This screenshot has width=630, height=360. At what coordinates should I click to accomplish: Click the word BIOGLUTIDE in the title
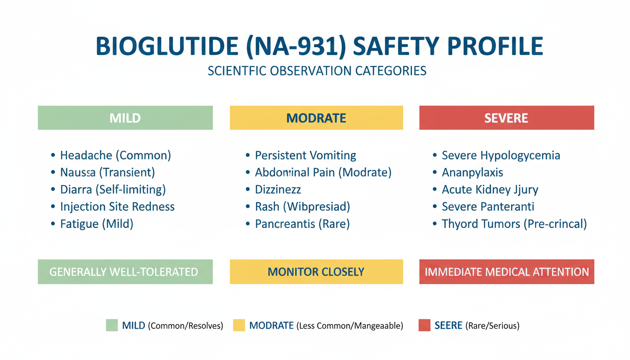(x=167, y=46)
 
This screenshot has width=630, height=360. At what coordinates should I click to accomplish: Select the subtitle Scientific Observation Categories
(x=317, y=71)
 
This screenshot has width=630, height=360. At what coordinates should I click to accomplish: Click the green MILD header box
(x=125, y=118)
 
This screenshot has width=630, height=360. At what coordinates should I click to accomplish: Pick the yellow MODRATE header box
(x=316, y=118)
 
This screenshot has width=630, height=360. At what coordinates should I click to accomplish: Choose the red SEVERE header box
(x=507, y=118)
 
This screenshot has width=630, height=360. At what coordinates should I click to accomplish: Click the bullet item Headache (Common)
(x=116, y=156)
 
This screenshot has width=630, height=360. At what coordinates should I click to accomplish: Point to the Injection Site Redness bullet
(x=117, y=207)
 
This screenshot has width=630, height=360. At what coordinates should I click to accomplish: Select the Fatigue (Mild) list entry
(x=97, y=224)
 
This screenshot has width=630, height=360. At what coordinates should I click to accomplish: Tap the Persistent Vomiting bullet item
(x=306, y=156)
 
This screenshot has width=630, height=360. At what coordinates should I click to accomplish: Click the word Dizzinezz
(x=278, y=189)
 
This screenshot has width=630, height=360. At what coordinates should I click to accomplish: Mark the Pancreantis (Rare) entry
(x=302, y=224)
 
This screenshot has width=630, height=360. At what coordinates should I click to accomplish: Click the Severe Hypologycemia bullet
(x=501, y=156)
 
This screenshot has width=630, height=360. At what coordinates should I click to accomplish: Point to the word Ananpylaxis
(x=472, y=172)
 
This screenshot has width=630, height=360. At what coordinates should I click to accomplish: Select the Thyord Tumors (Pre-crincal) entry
(x=514, y=224)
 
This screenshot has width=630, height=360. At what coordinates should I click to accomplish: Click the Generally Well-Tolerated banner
(x=125, y=272)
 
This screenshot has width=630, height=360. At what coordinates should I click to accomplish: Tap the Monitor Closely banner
(x=316, y=272)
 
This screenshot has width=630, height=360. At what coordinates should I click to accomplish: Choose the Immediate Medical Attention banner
(x=507, y=272)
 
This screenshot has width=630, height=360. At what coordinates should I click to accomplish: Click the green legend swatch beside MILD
(x=112, y=325)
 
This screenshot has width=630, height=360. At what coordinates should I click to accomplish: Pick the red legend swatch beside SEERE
(x=424, y=325)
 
